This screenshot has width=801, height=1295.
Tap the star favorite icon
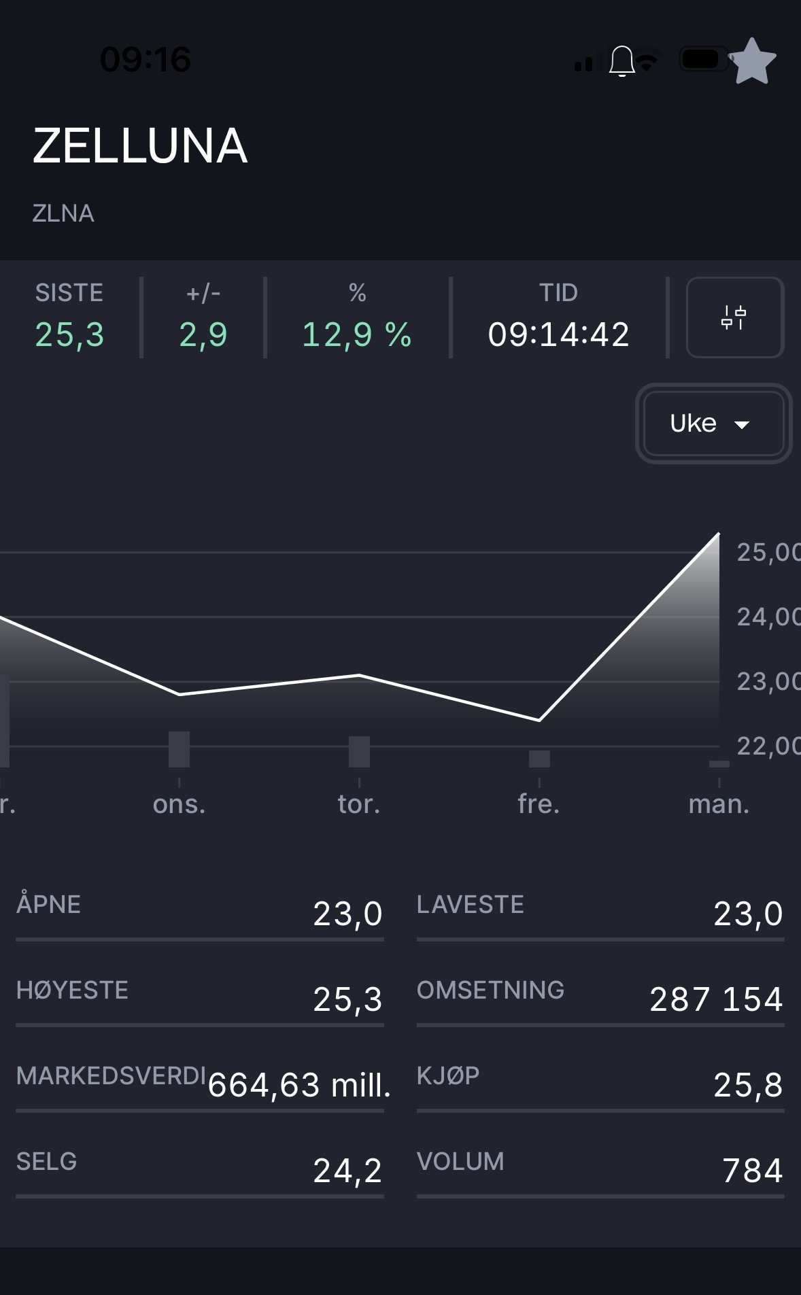click(x=752, y=61)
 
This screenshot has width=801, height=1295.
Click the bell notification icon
click(x=621, y=61)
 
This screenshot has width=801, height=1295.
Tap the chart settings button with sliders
click(x=734, y=317)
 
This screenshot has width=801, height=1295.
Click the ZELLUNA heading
click(x=140, y=146)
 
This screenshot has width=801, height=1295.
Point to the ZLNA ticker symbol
click(x=63, y=213)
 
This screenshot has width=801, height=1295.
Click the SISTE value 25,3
click(x=70, y=334)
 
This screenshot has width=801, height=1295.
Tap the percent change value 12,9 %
click(x=357, y=334)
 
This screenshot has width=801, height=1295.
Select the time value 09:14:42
click(x=558, y=334)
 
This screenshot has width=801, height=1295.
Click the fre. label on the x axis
click(x=539, y=804)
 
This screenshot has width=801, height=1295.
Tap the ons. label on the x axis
click(x=179, y=804)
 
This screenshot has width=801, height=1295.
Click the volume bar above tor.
click(x=359, y=752)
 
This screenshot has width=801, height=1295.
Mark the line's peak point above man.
click(x=719, y=534)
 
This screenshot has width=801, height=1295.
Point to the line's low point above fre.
click(x=539, y=720)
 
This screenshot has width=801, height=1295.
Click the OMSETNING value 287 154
click(x=715, y=999)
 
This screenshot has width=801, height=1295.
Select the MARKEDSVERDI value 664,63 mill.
click(x=299, y=1085)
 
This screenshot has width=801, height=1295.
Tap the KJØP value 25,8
click(x=748, y=1085)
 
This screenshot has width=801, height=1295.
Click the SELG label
click(x=46, y=1162)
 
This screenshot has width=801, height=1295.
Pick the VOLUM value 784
click(x=752, y=1171)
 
